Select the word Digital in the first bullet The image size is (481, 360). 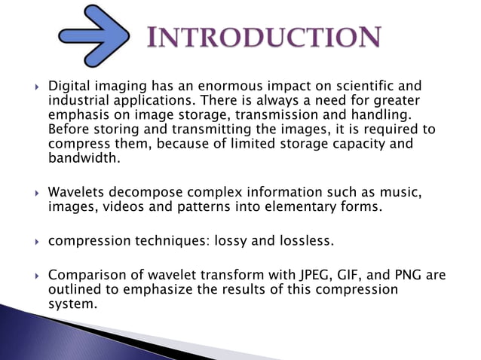click(x=69, y=87)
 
